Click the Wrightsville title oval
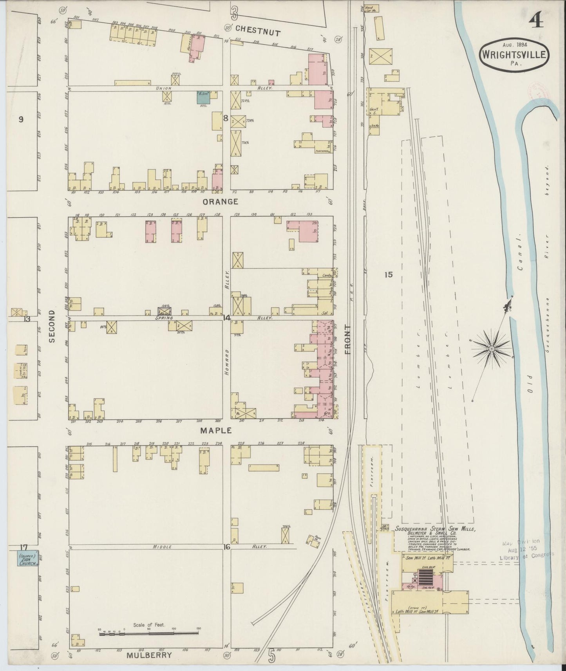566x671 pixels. pyautogui.click(x=513, y=54)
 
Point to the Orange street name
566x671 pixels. pyautogui.click(x=220, y=202)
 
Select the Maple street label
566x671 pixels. pyautogui.click(x=216, y=430)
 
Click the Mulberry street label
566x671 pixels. pyautogui.click(x=149, y=655)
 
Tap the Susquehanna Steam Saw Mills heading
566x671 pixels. pyautogui.click(x=435, y=529)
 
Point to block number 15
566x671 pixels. pyautogui.click(x=388, y=275)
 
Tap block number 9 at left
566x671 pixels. pyautogui.click(x=21, y=120)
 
